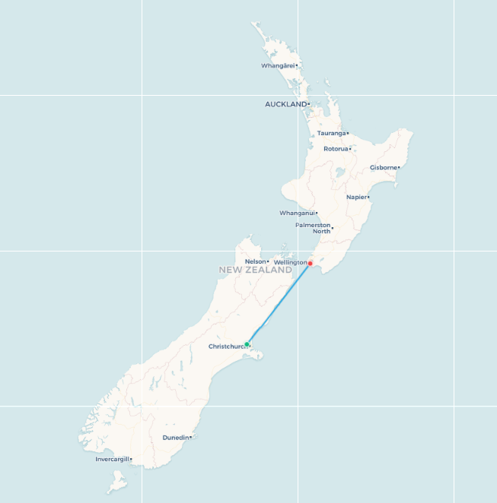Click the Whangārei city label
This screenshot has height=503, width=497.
click(277, 65)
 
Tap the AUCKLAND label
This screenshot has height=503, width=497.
click(285, 104)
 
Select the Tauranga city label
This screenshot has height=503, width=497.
click(331, 133)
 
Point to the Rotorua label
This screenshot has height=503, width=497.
click(336, 149)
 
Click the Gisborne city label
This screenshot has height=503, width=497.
click(383, 167)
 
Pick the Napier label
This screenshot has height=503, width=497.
click(356, 197)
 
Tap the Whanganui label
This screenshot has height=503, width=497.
click(296, 213)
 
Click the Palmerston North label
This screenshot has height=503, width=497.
click(313, 228)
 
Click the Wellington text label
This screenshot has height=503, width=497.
click(289, 262)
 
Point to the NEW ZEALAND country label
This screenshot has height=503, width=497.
click(255, 270)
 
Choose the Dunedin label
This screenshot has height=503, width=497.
click(175, 438)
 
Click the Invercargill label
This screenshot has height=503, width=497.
click(112, 459)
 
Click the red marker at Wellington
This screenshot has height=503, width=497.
click(311, 263)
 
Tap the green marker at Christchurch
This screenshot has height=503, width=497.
click(247, 344)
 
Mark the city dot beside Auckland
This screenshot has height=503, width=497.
click(308, 104)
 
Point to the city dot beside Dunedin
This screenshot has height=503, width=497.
click(190, 438)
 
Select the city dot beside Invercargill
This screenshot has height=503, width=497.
click(131, 459)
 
